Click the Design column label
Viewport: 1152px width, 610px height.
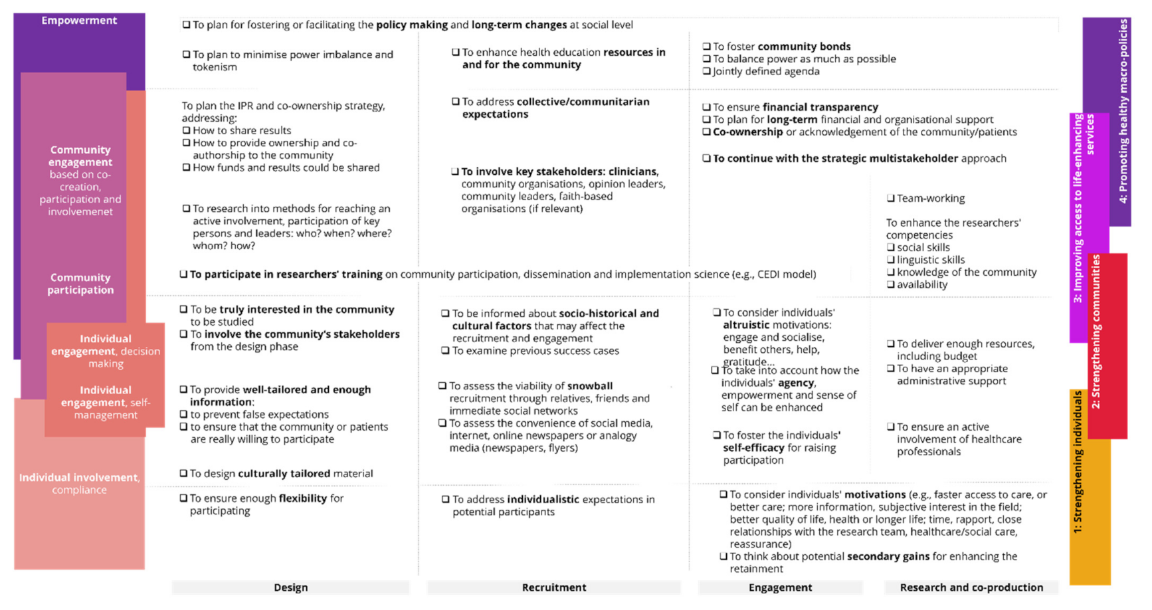point(290,587)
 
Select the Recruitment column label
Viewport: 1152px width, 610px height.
point(553,587)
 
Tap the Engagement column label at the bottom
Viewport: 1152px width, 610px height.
point(780,587)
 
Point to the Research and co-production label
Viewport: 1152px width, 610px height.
point(971,587)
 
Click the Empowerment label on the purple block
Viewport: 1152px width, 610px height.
point(79,21)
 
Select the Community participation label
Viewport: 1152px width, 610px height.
point(80,284)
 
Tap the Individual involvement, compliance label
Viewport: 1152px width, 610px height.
point(79,483)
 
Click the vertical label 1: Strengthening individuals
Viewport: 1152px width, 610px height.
point(1078,462)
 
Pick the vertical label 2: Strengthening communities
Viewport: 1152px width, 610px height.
point(1096,332)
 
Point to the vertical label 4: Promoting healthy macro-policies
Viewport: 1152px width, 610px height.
point(1123,111)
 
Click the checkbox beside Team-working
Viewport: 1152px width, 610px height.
point(890,198)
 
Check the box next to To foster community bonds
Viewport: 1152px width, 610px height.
point(706,47)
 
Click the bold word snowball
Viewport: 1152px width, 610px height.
point(590,386)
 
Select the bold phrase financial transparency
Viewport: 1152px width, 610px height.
point(820,107)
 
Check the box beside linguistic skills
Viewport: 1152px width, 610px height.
point(890,260)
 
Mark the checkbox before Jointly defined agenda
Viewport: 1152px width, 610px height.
point(706,72)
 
